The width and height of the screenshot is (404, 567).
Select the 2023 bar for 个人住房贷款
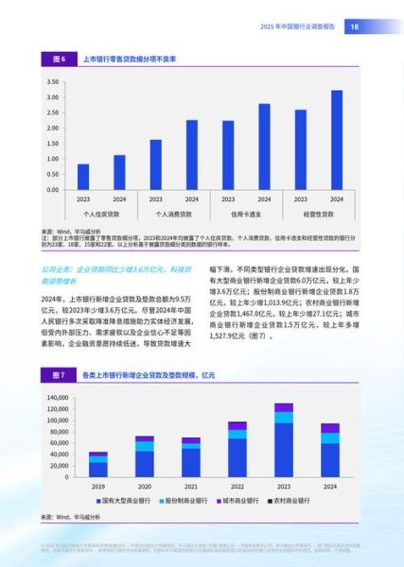tap(83, 177)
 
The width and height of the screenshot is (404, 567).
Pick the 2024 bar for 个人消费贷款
tap(192, 155)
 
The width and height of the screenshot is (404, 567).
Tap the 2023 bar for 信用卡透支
tap(228, 155)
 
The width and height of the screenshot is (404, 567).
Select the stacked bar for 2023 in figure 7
tap(283, 440)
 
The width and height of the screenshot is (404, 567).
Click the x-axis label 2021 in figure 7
tap(190, 486)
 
